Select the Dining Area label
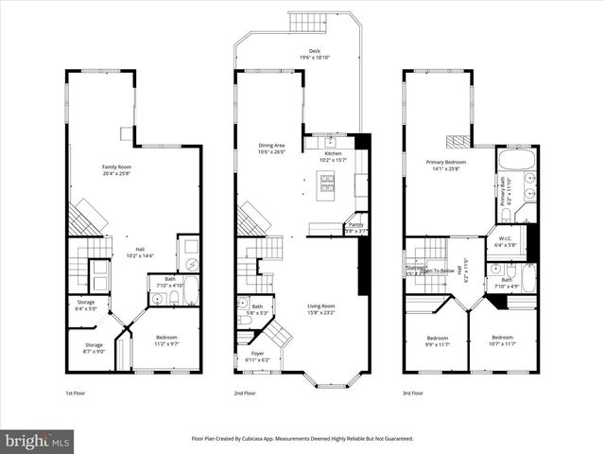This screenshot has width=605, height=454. coord(272,148)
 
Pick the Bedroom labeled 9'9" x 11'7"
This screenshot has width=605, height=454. coord(437,340)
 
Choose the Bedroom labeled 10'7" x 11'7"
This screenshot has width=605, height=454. coord(503,340)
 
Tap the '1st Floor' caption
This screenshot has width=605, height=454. coord(77,393)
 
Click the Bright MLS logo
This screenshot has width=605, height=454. coord(38,441)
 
